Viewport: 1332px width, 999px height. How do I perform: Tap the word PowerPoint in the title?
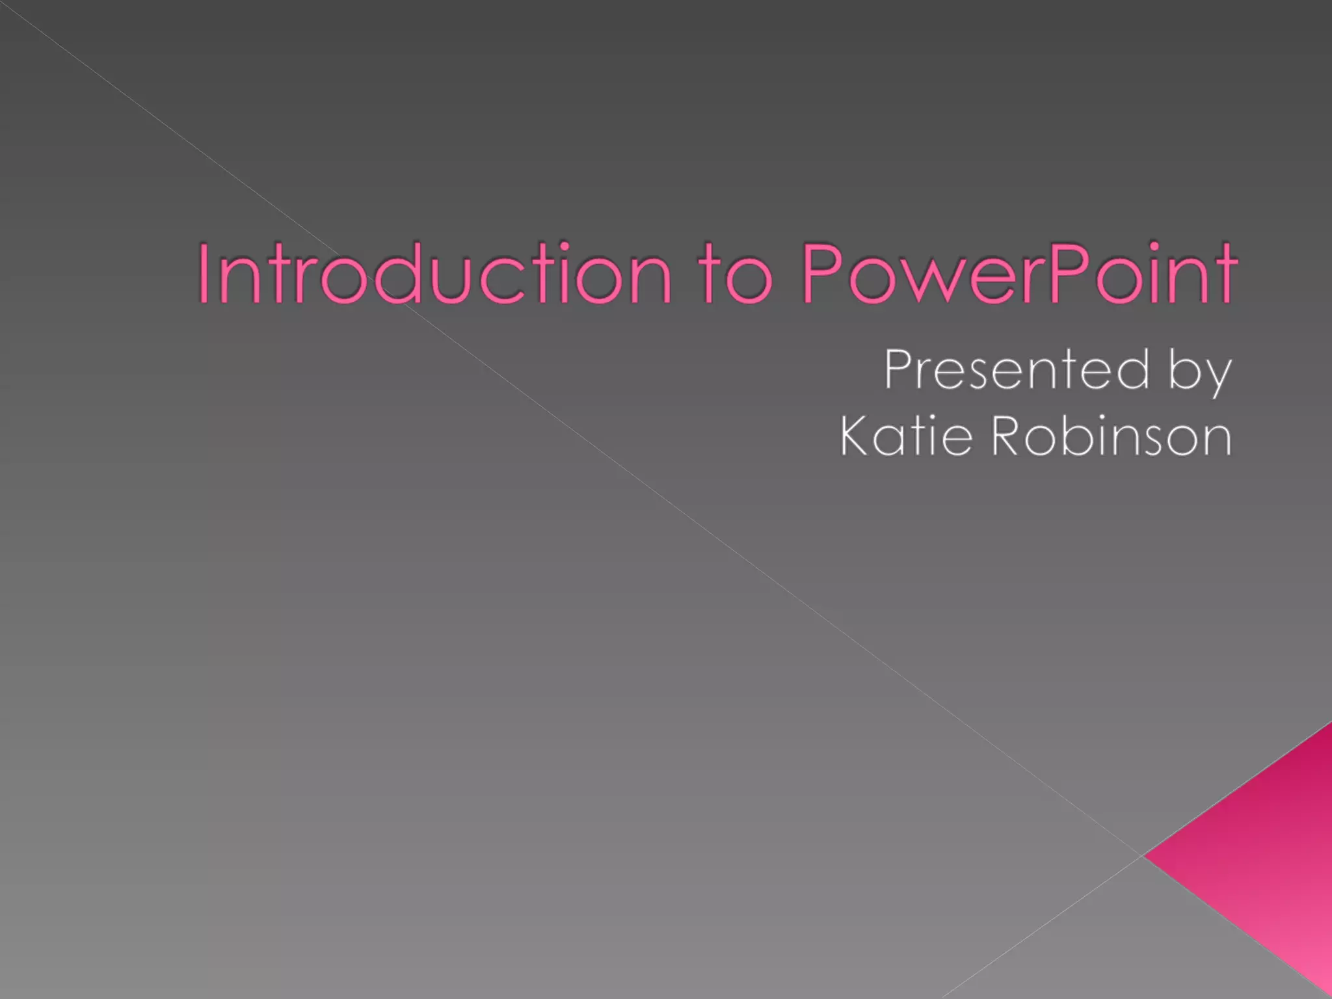(x=1019, y=273)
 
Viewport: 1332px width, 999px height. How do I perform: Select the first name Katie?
(x=907, y=436)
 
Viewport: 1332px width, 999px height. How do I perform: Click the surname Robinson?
(x=1112, y=436)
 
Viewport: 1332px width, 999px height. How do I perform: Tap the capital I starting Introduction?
(x=204, y=273)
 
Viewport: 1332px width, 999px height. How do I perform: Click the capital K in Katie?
(x=856, y=436)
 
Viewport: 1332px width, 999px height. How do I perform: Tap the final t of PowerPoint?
(x=1224, y=276)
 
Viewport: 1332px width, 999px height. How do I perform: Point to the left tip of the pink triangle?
(x=1146, y=855)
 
